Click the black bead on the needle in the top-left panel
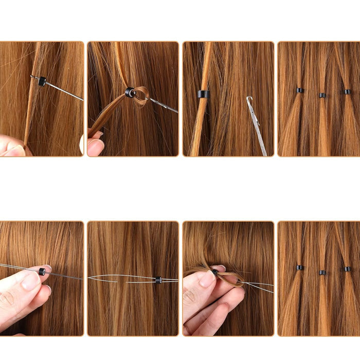(x=42, y=81)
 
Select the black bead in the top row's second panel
(x=130, y=92)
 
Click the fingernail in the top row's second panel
(x=95, y=147)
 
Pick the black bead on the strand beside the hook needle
(x=203, y=94)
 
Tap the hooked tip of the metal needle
(x=249, y=99)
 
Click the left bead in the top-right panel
(x=300, y=91)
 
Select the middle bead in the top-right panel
(x=322, y=95)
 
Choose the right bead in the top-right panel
(x=348, y=92)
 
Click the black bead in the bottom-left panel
(x=42, y=271)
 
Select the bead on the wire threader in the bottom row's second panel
(x=158, y=280)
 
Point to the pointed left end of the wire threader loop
(x=89, y=278)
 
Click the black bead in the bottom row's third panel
(x=214, y=272)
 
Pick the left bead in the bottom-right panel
(x=300, y=267)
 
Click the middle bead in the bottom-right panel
(x=322, y=272)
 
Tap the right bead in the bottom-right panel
(x=348, y=269)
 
